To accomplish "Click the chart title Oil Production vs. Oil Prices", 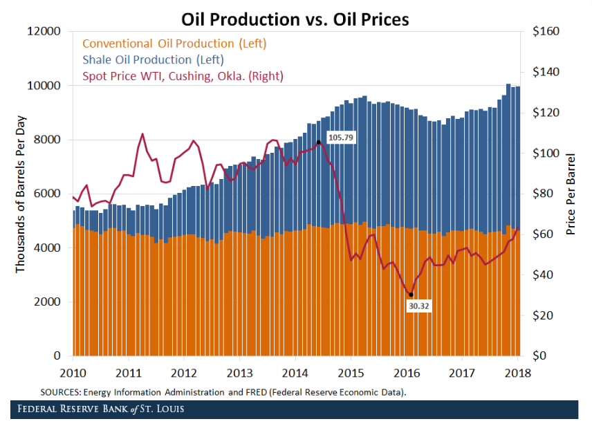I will click(x=295, y=19).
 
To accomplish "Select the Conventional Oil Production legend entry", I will click(x=174, y=44).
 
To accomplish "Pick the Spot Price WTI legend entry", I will click(x=183, y=76).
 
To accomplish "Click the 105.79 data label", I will click(x=340, y=138).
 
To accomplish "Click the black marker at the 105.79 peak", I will click(x=318, y=142).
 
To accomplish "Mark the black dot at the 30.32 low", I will click(x=411, y=295).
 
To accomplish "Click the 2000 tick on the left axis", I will click(x=48, y=302).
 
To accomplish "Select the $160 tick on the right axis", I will click(x=546, y=32).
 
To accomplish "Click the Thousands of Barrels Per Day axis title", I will click(x=20, y=194).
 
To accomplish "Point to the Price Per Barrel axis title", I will click(x=571, y=194).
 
